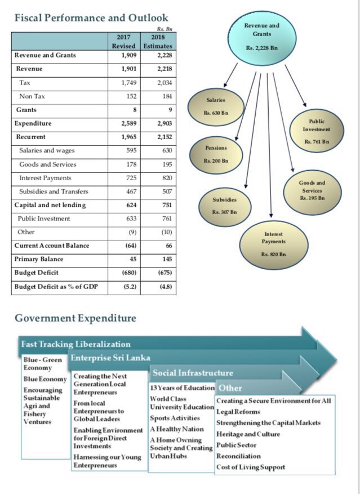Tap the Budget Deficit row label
click(36, 273)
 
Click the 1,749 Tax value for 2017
click(128, 83)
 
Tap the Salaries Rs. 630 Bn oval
click(216, 105)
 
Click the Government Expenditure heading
click(75, 318)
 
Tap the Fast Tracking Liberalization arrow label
click(75, 344)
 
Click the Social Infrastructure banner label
click(192, 373)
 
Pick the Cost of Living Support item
click(251, 467)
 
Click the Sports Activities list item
click(175, 418)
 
